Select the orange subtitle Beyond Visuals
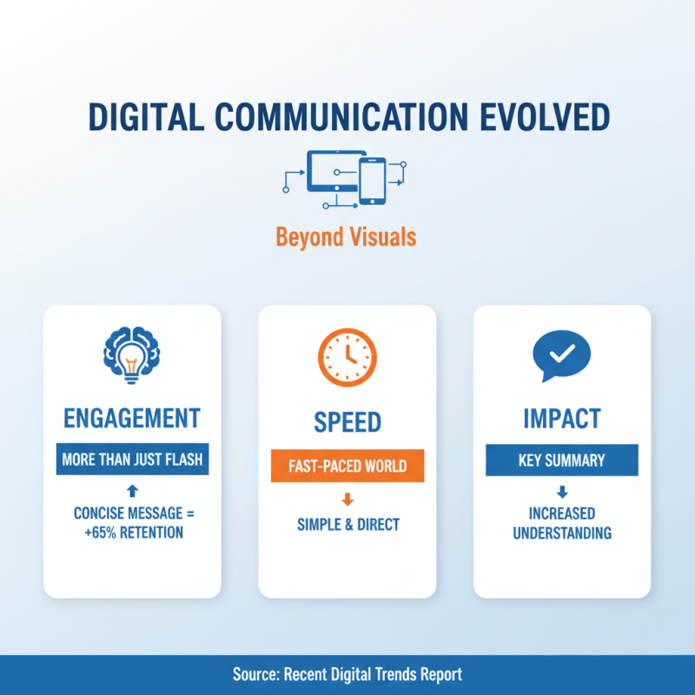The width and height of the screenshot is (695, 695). [x=347, y=235]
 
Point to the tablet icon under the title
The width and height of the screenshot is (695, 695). [x=332, y=171]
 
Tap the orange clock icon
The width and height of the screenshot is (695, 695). [x=347, y=356]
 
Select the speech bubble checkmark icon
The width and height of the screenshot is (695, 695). [x=560, y=354]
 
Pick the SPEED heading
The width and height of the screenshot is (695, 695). [x=347, y=422]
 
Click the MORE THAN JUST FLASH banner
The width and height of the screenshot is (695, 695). [x=132, y=460]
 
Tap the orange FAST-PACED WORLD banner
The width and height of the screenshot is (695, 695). [x=347, y=466]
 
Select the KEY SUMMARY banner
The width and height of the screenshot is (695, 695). [x=561, y=460]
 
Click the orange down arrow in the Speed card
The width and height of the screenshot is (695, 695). [x=347, y=499]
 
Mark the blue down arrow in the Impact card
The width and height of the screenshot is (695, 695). [x=561, y=492]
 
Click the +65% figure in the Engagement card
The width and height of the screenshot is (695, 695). [x=96, y=532]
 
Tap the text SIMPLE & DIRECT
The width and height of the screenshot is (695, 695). [x=347, y=524]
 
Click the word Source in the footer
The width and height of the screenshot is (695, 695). [x=256, y=674]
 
